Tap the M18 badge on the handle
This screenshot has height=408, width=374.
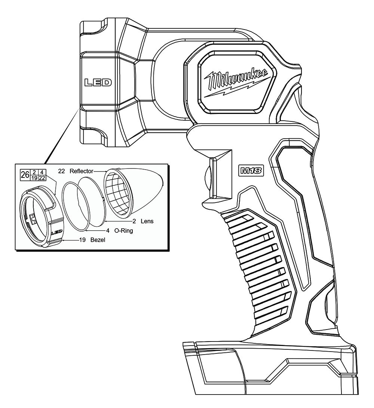click(251, 171)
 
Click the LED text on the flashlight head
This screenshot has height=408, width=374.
click(98, 83)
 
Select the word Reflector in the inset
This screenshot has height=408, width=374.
click(81, 171)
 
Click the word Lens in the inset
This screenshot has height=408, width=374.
click(147, 221)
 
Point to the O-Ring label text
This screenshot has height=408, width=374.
click(123, 231)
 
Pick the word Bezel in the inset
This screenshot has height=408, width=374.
click(98, 240)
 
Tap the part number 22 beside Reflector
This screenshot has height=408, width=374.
click(61, 171)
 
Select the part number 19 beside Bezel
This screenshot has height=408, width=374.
click(82, 240)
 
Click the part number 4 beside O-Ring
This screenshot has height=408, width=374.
click(108, 231)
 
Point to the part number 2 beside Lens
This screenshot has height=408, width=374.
click(134, 221)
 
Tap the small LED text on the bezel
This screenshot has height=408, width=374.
click(56, 232)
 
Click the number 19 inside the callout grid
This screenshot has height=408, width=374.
click(34, 178)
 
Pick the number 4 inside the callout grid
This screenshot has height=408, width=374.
click(42, 172)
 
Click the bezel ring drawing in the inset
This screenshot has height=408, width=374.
click(42, 216)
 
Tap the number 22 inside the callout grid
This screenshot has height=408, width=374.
click(42, 178)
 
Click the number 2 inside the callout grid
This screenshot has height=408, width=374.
click(34, 172)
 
